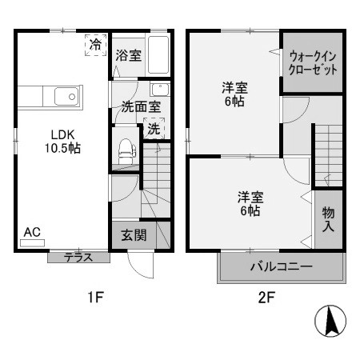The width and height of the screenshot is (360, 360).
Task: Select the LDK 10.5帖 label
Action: [61, 141]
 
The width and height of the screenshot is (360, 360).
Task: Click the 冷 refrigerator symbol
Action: [96, 45]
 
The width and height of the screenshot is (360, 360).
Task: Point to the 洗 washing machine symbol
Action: [153, 128]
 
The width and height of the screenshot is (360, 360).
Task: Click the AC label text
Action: [31, 232]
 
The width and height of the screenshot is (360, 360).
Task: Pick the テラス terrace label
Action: [78, 257]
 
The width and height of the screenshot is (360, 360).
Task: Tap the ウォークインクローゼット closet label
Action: [313, 63]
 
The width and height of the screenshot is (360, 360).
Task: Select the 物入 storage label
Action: [328, 218]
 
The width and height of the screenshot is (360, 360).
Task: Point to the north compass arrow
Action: [329, 322]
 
